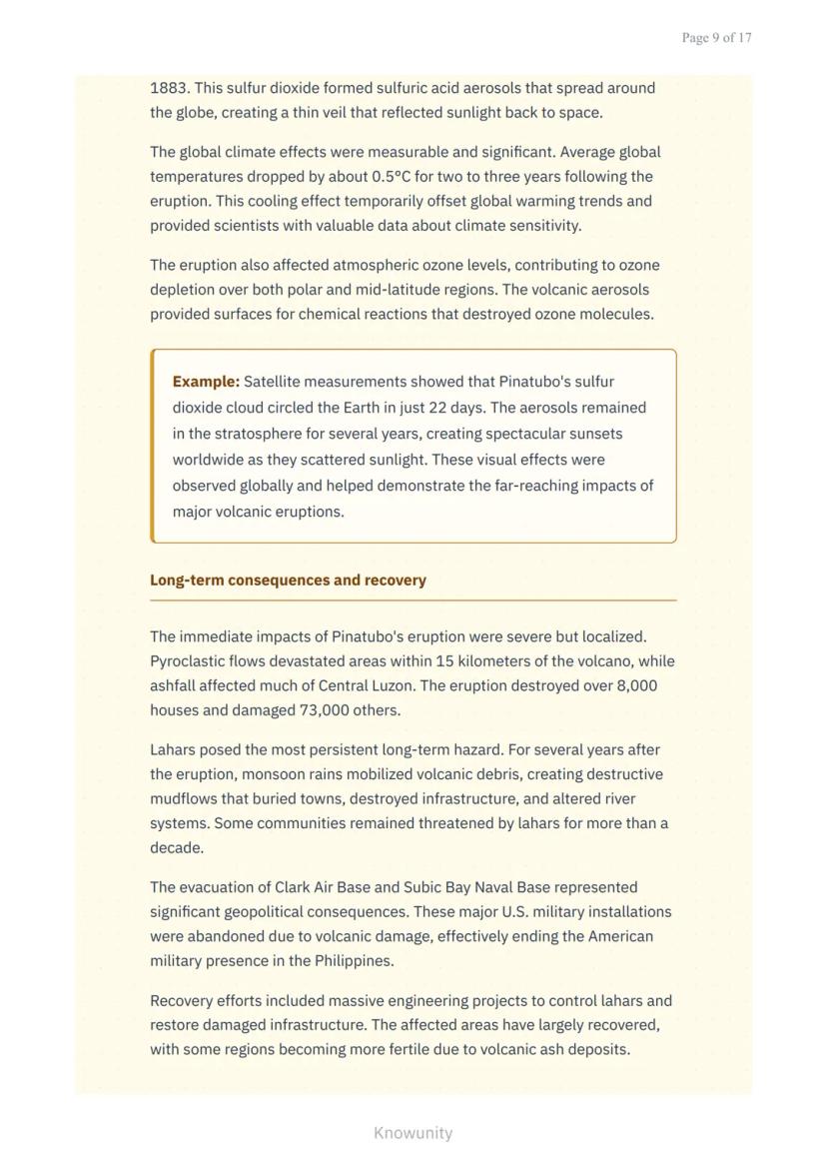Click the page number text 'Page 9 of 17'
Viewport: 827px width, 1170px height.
716,38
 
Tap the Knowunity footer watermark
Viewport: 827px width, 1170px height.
413,1133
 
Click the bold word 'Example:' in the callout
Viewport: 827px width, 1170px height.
206,382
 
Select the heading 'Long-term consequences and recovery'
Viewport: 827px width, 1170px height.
288,581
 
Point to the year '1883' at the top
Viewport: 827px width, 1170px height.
168,88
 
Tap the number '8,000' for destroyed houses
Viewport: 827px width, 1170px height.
634,686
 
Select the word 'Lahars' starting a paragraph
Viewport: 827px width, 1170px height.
173,749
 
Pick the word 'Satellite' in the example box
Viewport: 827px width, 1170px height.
276,382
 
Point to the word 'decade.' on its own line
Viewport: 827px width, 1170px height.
177,848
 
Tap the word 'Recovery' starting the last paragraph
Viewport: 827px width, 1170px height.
181,1001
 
